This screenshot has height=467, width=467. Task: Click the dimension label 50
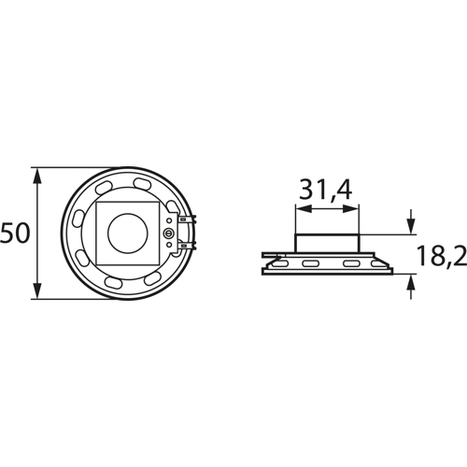tap(14, 233)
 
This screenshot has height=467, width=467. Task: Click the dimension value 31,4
tap(326, 190)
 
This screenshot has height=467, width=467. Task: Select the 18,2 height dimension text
tap(442, 255)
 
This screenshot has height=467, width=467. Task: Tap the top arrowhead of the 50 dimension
tap(37, 177)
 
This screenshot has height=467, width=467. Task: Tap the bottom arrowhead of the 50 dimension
tap(37, 290)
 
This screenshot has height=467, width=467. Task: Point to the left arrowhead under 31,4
tap(304, 208)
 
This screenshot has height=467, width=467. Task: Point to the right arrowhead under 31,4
tap(351, 208)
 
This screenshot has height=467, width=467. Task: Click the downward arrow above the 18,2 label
tap(411, 221)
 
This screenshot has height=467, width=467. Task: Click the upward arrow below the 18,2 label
tap(411, 286)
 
